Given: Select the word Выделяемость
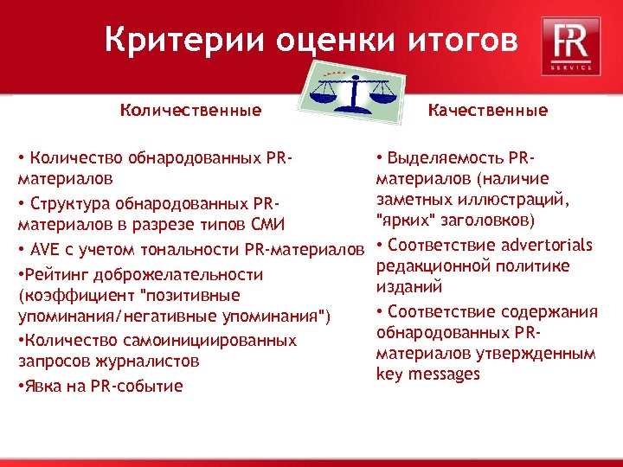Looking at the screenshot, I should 444,158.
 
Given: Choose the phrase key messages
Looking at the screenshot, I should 427,374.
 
